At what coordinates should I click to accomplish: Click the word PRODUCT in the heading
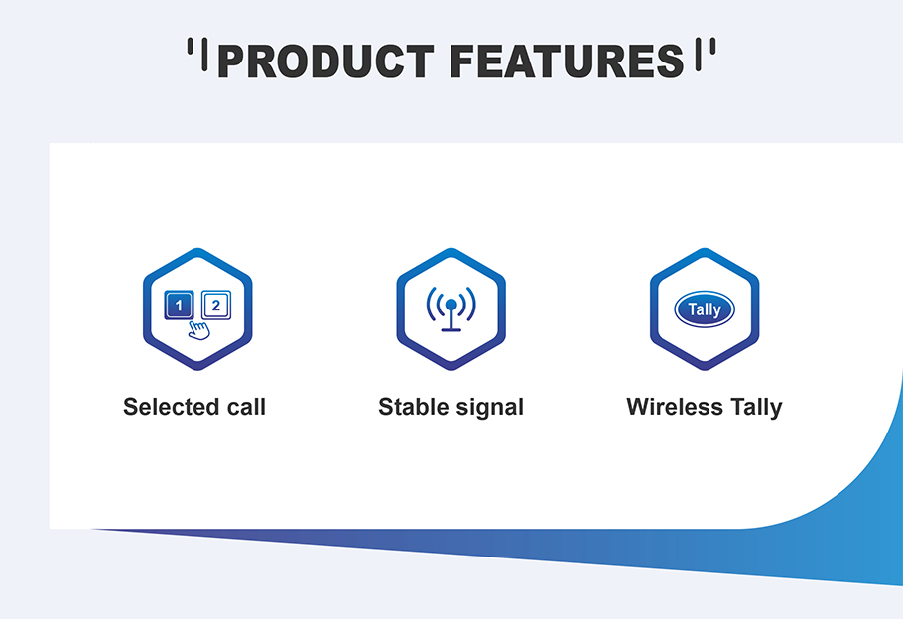click(x=325, y=62)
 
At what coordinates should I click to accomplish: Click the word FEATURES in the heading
click(x=567, y=62)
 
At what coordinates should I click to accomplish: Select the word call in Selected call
click(x=246, y=407)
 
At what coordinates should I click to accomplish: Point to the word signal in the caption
click(x=487, y=409)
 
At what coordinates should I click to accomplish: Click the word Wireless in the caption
click(x=675, y=407)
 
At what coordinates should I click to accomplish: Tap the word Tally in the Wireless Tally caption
click(x=757, y=409)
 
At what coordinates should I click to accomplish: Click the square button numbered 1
click(x=179, y=306)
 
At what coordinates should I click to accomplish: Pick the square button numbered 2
click(x=216, y=306)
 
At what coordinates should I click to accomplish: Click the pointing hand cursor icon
click(x=198, y=330)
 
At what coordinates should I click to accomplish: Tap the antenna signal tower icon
click(x=451, y=309)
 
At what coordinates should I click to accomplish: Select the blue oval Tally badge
click(x=705, y=309)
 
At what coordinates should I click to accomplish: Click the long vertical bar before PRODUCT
click(x=204, y=55)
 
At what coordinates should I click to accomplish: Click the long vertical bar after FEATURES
click(x=699, y=55)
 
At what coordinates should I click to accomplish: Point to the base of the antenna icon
click(x=451, y=330)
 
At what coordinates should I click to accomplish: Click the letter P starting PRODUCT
click(x=232, y=62)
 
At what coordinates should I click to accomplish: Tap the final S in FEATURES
click(x=670, y=62)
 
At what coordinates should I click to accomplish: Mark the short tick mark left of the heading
click(x=191, y=46)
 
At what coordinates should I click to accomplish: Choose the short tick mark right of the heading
click(x=712, y=46)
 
